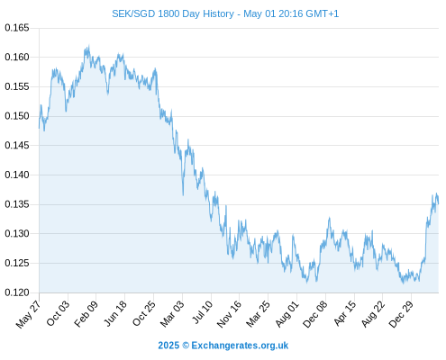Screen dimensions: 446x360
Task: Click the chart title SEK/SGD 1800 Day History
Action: pyautogui.click(x=173, y=13)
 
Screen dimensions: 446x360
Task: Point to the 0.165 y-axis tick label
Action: pyautogui.click(x=17, y=28)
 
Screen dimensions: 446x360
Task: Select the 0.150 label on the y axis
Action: pyautogui.click(x=17, y=116)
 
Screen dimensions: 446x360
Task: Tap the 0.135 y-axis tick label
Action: pyautogui.click(x=17, y=204)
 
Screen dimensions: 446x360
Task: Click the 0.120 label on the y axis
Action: pyautogui.click(x=17, y=292)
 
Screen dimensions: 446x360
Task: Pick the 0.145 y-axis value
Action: pyautogui.click(x=17, y=146)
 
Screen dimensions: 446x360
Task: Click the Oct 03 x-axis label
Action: pyautogui.click(x=58, y=313)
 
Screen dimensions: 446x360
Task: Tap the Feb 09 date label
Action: pyautogui.click(x=86, y=313)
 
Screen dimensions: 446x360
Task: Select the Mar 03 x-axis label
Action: pyautogui.click(x=172, y=313)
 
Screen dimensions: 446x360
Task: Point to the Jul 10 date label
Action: pyautogui.click(x=203, y=312)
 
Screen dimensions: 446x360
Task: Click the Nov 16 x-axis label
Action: pyautogui.click(x=229, y=314)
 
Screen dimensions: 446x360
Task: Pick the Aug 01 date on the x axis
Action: pyautogui.click(x=287, y=314)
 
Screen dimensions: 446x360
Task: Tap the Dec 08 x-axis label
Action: pyautogui.click(x=315, y=314)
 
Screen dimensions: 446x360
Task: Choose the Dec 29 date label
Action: pyautogui.click(x=401, y=314)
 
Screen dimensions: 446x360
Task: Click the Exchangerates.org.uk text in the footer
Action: pyautogui.click(x=240, y=346)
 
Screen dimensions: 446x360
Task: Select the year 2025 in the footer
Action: pyautogui.click(x=168, y=346)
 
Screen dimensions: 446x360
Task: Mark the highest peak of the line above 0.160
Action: pyautogui.click(x=88, y=46)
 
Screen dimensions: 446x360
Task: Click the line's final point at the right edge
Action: pyautogui.click(x=438, y=204)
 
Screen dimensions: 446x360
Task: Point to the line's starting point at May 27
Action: pyautogui.click(x=39, y=128)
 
